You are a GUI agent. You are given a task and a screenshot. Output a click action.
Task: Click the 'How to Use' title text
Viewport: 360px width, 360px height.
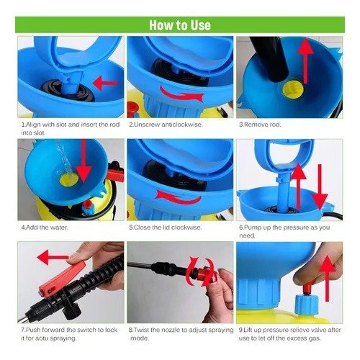(x=180, y=25)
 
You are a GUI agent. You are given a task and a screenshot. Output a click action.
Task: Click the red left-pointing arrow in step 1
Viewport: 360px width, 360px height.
(x=106, y=83)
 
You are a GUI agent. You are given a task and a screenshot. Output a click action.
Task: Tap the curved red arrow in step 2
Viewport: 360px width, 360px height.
(x=181, y=95)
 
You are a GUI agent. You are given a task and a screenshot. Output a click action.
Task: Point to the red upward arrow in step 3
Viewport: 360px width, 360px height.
(x=305, y=60)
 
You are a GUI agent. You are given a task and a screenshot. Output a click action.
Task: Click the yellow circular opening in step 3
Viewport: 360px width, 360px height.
(x=292, y=90)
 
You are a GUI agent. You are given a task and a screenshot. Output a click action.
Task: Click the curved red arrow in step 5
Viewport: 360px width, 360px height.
(x=179, y=197)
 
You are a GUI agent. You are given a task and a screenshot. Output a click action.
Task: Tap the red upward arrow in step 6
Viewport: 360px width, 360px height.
(x=299, y=186)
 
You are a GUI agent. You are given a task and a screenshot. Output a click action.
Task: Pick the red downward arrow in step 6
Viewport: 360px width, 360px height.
(x=320, y=187)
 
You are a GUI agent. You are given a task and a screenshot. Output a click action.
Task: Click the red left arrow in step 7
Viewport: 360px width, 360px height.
(x=53, y=257)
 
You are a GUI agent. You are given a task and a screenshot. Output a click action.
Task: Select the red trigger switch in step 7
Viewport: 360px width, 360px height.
(x=61, y=279)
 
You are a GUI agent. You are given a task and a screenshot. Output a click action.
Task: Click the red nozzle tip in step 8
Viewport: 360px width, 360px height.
(x=204, y=275)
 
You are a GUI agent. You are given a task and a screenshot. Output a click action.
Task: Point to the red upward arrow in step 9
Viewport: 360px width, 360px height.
(x=328, y=279)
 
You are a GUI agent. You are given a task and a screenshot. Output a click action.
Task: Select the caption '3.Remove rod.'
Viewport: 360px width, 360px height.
(x=260, y=125)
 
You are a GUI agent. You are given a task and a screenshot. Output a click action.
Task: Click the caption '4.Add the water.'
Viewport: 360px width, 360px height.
(x=45, y=228)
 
